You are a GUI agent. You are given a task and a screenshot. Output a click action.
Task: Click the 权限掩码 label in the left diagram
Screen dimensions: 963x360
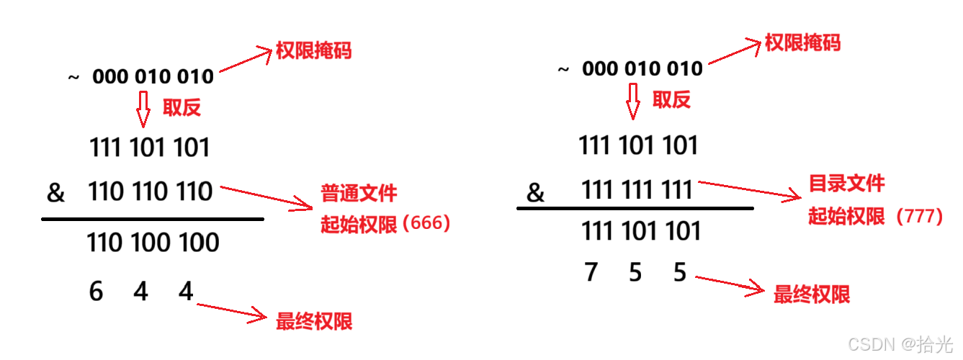(313, 51)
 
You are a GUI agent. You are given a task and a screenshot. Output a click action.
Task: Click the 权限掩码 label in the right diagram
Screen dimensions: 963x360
(802, 42)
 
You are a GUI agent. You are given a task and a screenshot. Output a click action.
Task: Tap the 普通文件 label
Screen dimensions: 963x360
(359, 193)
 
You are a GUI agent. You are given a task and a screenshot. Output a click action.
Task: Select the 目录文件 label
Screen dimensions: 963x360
(846, 183)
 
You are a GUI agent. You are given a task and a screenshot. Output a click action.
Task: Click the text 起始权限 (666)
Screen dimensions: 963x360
(385, 225)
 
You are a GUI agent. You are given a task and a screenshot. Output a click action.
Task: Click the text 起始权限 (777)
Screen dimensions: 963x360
(875, 216)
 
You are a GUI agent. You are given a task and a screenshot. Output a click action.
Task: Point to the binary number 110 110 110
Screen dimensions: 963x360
(151, 192)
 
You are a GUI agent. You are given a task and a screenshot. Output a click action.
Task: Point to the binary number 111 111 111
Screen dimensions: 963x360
(637, 190)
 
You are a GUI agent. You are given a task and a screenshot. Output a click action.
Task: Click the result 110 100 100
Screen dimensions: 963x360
(153, 243)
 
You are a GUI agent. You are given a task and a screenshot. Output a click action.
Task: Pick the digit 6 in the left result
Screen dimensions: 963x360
(96, 292)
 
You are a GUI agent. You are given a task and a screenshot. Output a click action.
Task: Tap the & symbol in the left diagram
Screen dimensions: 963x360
(55, 193)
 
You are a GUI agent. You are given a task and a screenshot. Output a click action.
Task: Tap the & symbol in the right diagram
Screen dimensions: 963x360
(535, 193)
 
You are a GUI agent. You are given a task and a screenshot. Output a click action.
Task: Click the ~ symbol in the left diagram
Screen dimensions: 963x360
(73, 77)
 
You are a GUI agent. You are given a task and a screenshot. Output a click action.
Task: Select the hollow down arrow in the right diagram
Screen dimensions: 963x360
(632, 101)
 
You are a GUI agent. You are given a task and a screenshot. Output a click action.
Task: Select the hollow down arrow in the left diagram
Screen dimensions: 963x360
(143, 109)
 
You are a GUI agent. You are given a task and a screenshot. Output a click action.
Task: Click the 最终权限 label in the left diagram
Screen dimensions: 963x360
(314, 321)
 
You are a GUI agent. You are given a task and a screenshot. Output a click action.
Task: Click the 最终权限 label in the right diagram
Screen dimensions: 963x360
(811, 294)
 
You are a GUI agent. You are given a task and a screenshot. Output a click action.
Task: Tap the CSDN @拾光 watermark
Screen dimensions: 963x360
(900, 344)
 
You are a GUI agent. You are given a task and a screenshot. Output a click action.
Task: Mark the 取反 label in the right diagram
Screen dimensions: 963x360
(671, 100)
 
